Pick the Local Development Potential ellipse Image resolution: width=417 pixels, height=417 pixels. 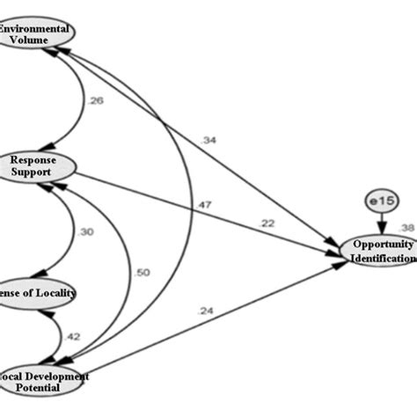pos(44,382)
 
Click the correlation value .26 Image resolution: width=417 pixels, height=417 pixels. pos(96,101)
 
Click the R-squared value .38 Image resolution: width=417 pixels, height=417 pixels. pos(406,224)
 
